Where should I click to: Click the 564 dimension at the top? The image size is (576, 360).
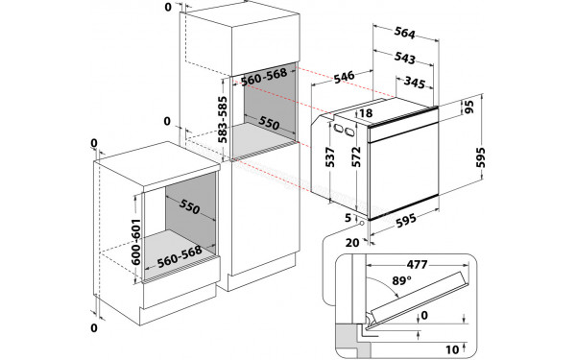[x=405, y=33]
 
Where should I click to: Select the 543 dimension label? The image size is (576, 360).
[x=405, y=58]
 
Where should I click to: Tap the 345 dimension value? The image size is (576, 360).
[x=415, y=83]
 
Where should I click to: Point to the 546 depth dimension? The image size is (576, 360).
[x=345, y=77]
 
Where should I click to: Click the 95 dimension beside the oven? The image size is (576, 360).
[x=468, y=107]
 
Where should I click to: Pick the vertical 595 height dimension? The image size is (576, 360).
[x=481, y=157]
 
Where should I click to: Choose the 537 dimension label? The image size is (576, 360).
[x=330, y=157]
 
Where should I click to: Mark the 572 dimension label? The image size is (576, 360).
[x=357, y=156]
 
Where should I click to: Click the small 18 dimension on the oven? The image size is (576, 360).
[x=366, y=112]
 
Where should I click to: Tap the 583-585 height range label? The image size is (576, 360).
[x=223, y=120]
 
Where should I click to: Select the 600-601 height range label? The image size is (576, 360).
[x=136, y=242]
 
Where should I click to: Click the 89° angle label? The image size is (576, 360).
[x=401, y=281]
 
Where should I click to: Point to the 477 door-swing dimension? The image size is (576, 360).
[x=417, y=264]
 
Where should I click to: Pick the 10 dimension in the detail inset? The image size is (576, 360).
[x=452, y=349]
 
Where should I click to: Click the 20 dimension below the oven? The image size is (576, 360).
[x=352, y=243]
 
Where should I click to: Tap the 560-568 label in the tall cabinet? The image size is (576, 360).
[x=264, y=77]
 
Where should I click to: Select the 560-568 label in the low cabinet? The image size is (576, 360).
[x=180, y=256]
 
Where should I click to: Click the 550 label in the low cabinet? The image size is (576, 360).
[x=189, y=207]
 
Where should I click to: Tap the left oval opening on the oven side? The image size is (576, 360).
[x=337, y=129]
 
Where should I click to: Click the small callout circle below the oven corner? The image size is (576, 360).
[x=362, y=223]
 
